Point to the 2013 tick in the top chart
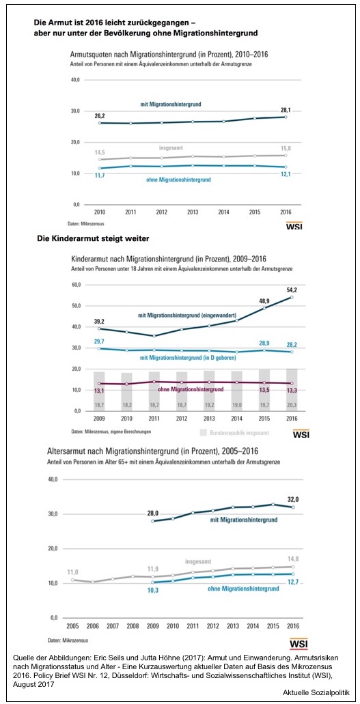tap(194, 212)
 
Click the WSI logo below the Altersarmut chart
tap(299, 644)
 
